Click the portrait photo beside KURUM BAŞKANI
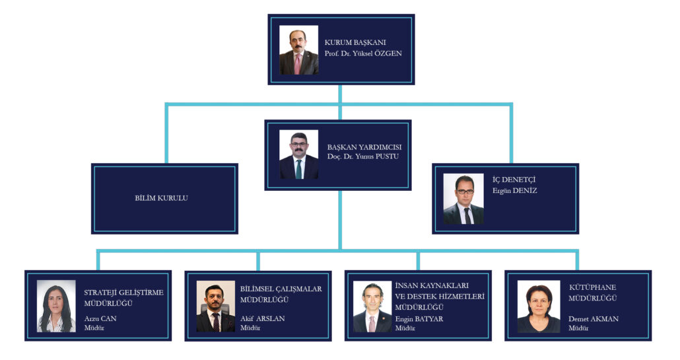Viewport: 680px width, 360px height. pos(299,50)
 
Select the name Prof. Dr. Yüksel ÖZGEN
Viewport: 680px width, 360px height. pos(363,54)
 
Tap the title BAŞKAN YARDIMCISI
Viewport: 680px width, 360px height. pos(364,147)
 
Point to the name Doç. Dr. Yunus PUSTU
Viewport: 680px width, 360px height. pos(362,156)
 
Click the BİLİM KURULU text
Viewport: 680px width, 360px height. pos(161,198)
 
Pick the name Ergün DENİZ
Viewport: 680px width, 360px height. pos(514,190)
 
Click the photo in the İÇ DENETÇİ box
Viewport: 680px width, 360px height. pos(463,199)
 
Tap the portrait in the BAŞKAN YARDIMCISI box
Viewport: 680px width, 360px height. pos(299,155)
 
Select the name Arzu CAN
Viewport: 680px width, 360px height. pos(100,318)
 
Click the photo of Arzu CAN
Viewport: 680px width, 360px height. pos(56,306)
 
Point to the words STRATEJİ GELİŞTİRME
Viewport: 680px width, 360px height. pos(123,293)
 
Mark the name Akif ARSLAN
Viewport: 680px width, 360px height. pos(262,318)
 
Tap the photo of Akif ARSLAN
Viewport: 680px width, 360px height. pos(216,306)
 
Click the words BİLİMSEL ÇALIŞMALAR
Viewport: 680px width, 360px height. pos(281,289)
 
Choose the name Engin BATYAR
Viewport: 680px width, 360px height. pos(419,319)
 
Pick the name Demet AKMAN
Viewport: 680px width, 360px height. pos(594,319)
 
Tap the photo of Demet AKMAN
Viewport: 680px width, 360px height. pos(539,306)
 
